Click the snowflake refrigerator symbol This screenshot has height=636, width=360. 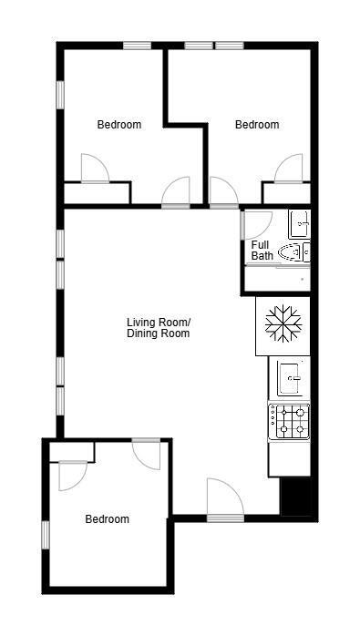point(283,325)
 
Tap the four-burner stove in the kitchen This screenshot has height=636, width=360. point(290,421)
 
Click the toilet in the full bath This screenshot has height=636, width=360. point(293,252)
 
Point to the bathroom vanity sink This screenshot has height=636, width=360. point(299,222)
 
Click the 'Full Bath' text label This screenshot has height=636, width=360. point(262,251)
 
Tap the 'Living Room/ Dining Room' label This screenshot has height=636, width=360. point(158,328)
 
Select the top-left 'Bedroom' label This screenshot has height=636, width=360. point(119,125)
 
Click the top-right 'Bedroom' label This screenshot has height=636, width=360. point(257,125)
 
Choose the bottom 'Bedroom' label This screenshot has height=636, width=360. point(107,519)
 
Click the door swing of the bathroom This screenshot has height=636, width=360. point(256,225)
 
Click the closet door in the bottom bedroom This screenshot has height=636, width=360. point(72,476)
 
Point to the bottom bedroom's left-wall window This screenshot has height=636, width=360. point(45,534)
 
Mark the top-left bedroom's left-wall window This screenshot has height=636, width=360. point(60,95)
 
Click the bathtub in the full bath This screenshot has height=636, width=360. point(280,278)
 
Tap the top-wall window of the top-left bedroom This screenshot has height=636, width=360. point(137,45)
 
